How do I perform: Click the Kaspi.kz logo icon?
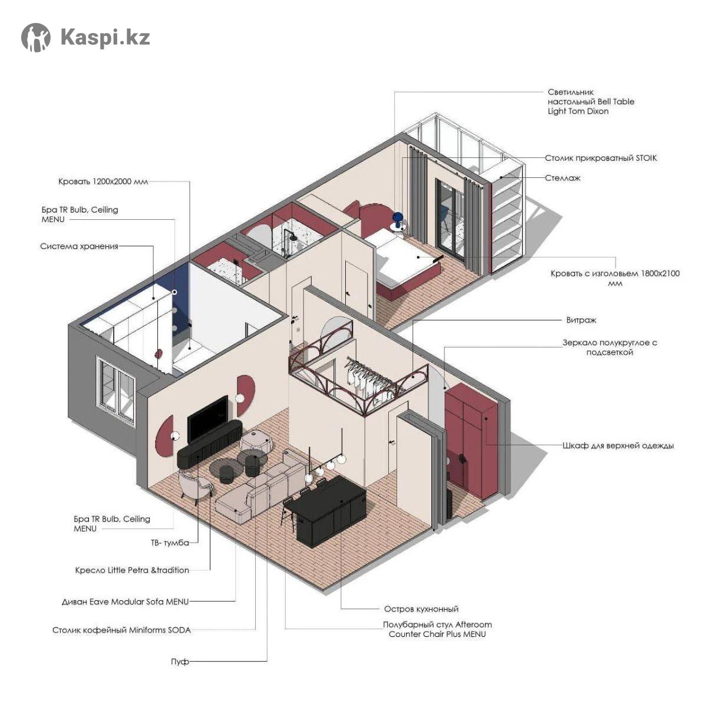click(35, 38)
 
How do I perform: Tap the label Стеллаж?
click(563, 179)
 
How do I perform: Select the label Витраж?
click(581, 320)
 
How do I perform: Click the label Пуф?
click(180, 662)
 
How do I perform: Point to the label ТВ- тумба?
click(170, 543)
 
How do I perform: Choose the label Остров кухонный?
click(421, 609)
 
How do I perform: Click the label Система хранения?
click(80, 246)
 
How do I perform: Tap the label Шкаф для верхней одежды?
click(618, 446)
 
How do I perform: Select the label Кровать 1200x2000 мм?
click(103, 181)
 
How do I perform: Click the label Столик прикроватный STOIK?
click(601, 158)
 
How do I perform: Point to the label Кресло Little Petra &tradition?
click(132, 570)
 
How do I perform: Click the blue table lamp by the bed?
click(398, 219)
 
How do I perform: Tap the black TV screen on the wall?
click(207, 419)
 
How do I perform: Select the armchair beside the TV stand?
click(194, 485)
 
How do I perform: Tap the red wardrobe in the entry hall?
click(471, 440)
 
